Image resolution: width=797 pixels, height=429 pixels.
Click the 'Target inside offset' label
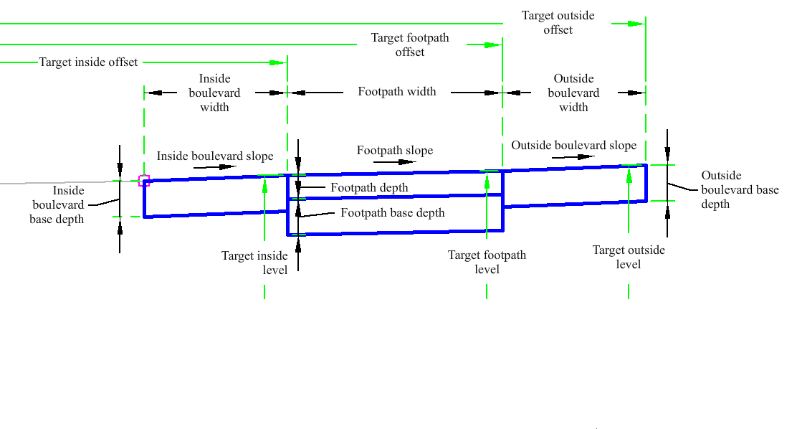[x=88, y=62]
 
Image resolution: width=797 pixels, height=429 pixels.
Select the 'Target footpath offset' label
[x=410, y=44]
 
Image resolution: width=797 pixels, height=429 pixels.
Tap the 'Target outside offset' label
[x=558, y=22]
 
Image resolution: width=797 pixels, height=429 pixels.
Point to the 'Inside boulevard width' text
[x=214, y=93]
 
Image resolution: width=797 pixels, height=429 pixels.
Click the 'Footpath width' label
[x=397, y=92]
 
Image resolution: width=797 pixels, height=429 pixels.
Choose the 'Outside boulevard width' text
[x=573, y=93]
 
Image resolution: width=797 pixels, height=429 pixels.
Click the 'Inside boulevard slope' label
[x=215, y=156]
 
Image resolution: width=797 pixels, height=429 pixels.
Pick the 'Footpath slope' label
[x=395, y=151]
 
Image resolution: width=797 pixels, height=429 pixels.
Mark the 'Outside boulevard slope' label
[x=573, y=146]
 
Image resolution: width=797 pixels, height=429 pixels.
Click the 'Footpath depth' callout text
[x=369, y=188]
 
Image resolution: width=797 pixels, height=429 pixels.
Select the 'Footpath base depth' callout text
[x=392, y=213]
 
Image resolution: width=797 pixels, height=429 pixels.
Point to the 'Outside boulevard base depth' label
[x=740, y=189]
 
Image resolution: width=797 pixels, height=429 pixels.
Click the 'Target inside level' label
[x=254, y=263]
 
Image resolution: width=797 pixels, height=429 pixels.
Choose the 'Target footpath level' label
[x=487, y=262]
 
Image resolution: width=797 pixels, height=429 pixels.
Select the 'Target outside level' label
[x=629, y=257]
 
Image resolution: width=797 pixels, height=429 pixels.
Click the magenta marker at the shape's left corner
[x=144, y=181]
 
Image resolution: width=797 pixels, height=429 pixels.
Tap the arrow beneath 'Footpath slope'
[x=394, y=162]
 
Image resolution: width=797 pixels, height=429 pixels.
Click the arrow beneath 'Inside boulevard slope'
[x=215, y=167]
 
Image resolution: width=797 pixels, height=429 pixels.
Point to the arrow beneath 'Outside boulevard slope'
[x=573, y=157]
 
